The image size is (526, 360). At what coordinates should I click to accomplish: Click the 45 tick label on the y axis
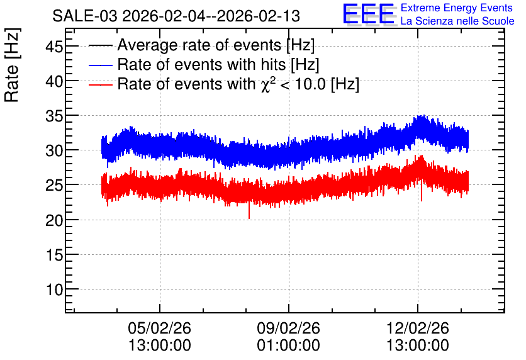(x=54, y=47)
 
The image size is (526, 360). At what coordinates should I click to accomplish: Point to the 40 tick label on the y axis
(x=54, y=82)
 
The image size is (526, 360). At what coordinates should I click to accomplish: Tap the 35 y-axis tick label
(x=54, y=116)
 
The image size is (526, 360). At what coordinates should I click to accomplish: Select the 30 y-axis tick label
(x=54, y=151)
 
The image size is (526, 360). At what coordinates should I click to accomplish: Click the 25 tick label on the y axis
(x=54, y=186)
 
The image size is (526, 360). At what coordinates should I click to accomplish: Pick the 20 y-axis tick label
(x=54, y=220)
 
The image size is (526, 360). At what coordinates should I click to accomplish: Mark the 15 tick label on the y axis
(x=54, y=256)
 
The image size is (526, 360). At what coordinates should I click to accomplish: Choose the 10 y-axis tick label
(x=54, y=290)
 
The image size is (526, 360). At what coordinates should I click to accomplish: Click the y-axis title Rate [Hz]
(x=12, y=65)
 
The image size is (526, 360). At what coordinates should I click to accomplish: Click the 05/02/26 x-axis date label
(x=160, y=328)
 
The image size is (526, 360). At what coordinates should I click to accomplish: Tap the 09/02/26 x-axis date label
(x=289, y=328)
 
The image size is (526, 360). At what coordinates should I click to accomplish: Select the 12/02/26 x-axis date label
(x=418, y=328)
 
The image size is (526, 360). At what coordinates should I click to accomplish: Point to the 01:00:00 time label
(x=289, y=346)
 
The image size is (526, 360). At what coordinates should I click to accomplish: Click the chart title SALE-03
(x=85, y=16)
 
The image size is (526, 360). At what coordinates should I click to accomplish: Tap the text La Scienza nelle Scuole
(x=457, y=21)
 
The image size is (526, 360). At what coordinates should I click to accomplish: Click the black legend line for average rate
(x=101, y=45)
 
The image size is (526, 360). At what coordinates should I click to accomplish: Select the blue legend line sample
(x=101, y=65)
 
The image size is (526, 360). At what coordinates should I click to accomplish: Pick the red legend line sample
(x=101, y=84)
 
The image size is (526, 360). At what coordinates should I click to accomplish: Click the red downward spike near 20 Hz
(x=249, y=211)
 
